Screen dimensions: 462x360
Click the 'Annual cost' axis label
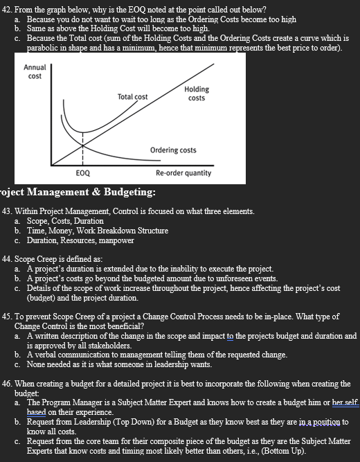pos(35,71)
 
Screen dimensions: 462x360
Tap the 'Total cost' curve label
pos(132,97)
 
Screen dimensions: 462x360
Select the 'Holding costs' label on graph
pos(197,94)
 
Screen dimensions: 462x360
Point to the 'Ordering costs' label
pos(173,150)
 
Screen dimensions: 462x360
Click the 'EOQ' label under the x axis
pos(82,173)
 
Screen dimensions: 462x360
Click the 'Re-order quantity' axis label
pos(183,173)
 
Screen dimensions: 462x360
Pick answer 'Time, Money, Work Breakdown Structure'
pos(97,231)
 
